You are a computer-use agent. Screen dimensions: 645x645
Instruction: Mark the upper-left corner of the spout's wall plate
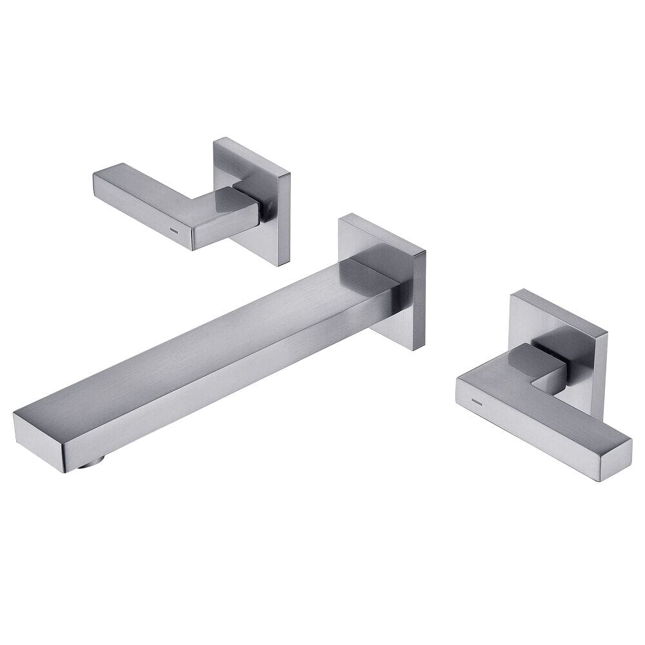click(340, 217)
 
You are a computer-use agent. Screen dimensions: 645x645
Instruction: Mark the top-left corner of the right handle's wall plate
click(511, 294)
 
